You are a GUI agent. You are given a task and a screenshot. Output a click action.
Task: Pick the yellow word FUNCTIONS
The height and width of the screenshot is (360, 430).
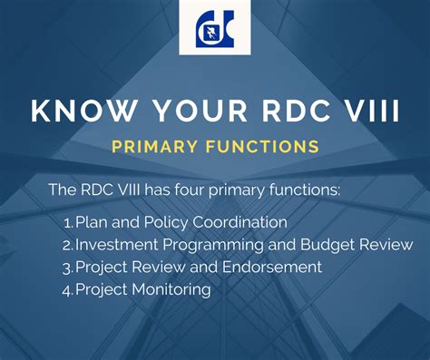[x=267, y=146]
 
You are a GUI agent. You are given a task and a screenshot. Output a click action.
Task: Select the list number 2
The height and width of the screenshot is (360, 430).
[x=67, y=246]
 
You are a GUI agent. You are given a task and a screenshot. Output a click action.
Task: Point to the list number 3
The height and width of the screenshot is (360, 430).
[x=67, y=268]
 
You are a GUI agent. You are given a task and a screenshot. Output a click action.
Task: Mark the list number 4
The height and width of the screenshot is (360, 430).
[x=67, y=291]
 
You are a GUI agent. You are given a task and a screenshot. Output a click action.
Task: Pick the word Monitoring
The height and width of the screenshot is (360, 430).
[x=171, y=290]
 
